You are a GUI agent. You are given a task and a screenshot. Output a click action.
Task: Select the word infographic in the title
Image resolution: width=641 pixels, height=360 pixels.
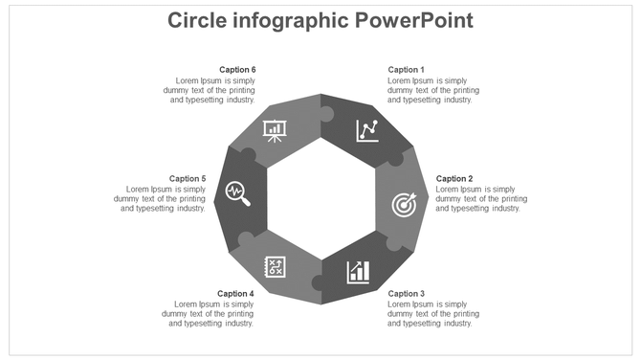pyautogui.click(x=293, y=20)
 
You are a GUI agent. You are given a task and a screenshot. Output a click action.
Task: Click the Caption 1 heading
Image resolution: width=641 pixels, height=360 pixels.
pyautogui.click(x=406, y=70)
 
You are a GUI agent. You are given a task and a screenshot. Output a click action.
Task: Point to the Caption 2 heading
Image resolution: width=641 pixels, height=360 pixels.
pyautogui.click(x=454, y=179)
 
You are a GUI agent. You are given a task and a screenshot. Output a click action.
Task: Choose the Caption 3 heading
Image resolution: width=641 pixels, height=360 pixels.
pyautogui.click(x=406, y=293)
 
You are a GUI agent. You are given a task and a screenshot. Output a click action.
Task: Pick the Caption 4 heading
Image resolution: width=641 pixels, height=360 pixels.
pyautogui.click(x=235, y=293)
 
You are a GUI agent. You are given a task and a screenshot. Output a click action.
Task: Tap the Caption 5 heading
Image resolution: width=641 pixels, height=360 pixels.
pyautogui.click(x=188, y=179)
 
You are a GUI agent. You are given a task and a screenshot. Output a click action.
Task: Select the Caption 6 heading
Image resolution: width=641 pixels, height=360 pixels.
pyautogui.click(x=237, y=70)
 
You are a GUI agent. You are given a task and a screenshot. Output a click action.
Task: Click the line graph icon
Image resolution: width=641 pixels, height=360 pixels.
pyautogui.click(x=367, y=130)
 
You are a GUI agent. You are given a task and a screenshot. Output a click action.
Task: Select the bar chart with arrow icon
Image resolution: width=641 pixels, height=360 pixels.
pyautogui.click(x=359, y=271)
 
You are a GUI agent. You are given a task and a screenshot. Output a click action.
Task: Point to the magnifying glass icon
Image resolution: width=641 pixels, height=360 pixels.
pyautogui.click(x=238, y=194)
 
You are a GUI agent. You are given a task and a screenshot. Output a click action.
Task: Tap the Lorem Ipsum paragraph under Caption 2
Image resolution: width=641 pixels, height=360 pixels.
pyautogui.click(x=477, y=199)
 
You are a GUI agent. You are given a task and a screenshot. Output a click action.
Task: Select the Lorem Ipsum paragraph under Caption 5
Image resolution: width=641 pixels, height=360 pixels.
pyautogui.click(x=161, y=199)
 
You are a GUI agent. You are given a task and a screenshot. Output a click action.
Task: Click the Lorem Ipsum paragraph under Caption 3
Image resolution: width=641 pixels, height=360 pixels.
pyautogui.click(x=432, y=313)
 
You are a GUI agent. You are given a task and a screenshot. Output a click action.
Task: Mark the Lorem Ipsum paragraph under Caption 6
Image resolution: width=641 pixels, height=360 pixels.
pyautogui.click(x=210, y=90)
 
